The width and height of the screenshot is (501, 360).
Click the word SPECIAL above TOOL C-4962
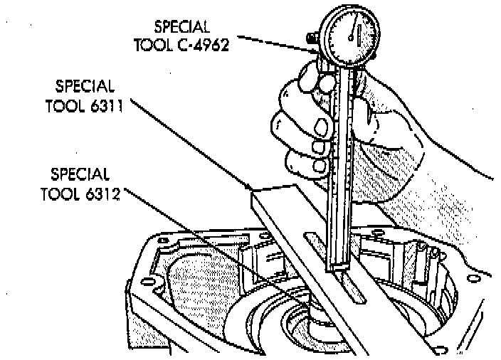182,28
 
